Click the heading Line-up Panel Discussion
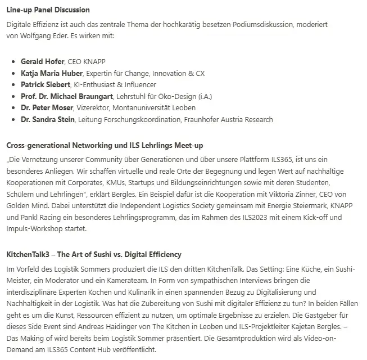48,10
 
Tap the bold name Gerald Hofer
43,61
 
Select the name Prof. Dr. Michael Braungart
67,96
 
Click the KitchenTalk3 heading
94,255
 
